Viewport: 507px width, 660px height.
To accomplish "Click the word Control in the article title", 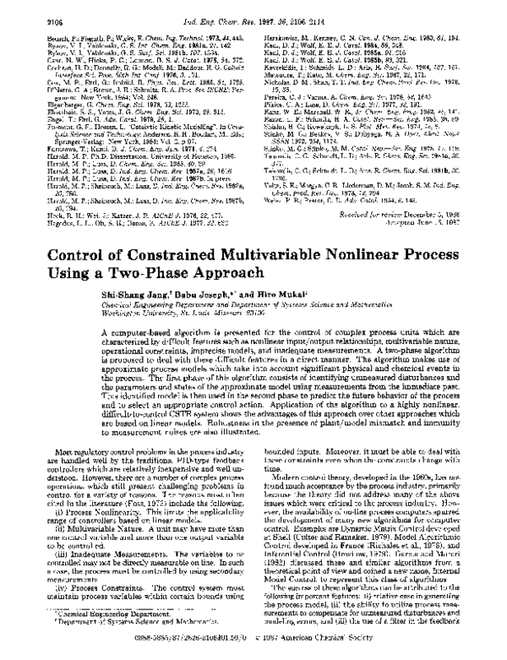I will [58, 235].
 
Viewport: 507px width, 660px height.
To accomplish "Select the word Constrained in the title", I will [147, 235].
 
